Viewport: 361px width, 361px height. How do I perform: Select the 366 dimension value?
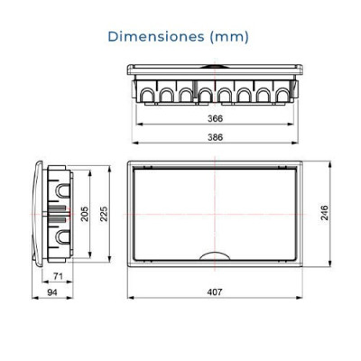[x=214, y=117]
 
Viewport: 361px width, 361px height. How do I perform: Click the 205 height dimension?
[x=84, y=214]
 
